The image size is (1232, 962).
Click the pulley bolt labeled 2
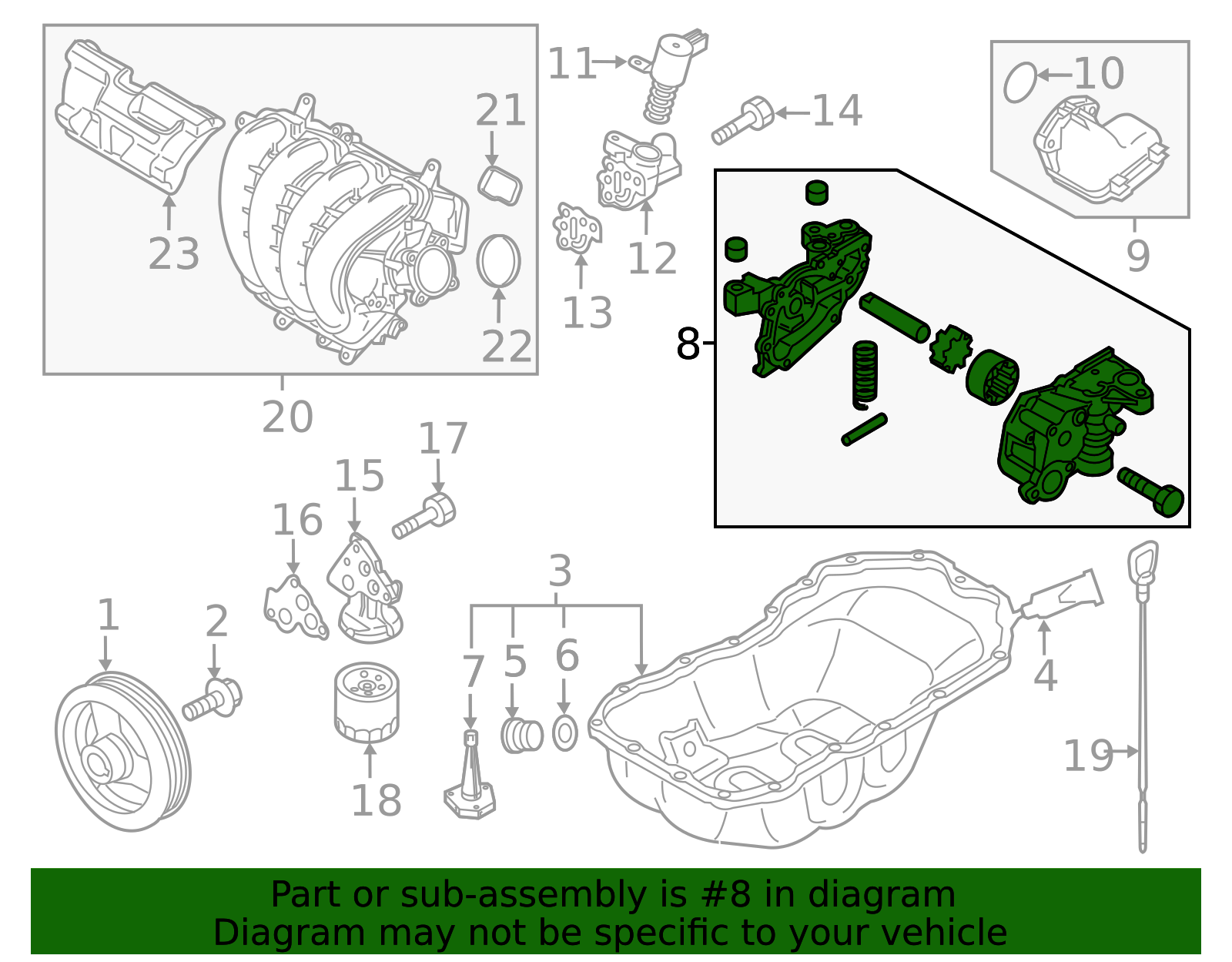coord(213,699)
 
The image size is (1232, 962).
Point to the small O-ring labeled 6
coord(565,734)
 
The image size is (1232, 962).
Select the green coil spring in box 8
coord(865,373)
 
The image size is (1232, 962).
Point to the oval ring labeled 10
coord(1020,82)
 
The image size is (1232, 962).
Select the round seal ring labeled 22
coord(499,261)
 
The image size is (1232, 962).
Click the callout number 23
coord(174,254)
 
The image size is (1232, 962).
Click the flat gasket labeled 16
coord(293,608)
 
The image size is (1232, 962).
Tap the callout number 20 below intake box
coord(287,417)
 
